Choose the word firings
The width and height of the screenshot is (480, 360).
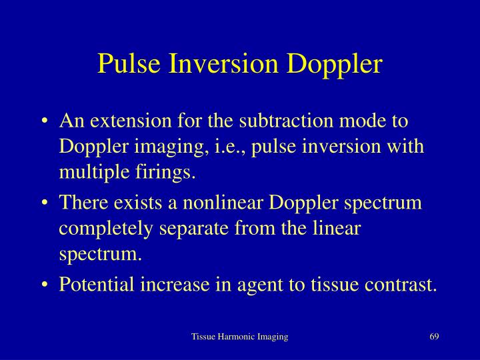[x=165, y=173]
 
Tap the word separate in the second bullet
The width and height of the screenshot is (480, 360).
[x=193, y=229]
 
